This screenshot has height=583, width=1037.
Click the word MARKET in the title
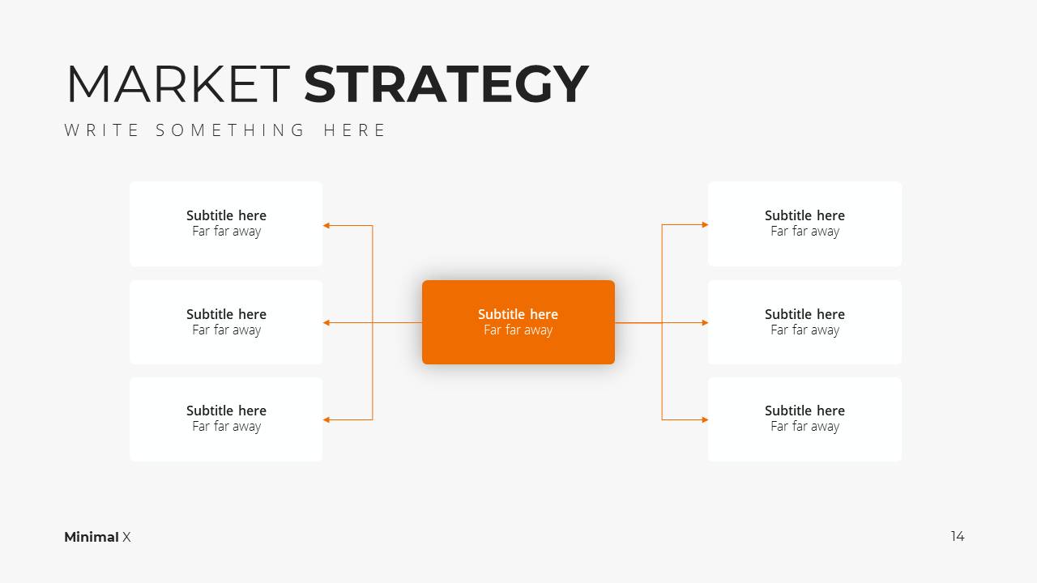(x=179, y=83)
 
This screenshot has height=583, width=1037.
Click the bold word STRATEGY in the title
(x=446, y=83)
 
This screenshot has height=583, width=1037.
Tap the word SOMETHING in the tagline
(x=230, y=130)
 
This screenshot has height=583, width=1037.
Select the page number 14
(x=958, y=536)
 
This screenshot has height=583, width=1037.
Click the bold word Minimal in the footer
(x=92, y=537)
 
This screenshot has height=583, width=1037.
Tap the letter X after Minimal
(x=126, y=537)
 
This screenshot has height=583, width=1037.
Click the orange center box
(x=518, y=322)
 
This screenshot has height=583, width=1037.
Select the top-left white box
(x=226, y=223)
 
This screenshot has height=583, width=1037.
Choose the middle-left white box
(x=226, y=322)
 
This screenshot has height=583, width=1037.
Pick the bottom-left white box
(x=226, y=419)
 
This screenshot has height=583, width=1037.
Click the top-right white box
(x=804, y=223)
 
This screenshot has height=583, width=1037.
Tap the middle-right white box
(x=804, y=322)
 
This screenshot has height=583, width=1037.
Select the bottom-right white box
(x=804, y=419)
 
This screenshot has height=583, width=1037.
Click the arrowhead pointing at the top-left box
(x=326, y=226)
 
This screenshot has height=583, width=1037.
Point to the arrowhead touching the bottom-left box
(x=326, y=419)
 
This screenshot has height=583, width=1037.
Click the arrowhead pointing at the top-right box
(x=705, y=225)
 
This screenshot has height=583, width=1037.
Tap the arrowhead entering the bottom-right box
(x=705, y=419)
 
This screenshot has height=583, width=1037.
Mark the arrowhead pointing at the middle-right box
(x=705, y=322)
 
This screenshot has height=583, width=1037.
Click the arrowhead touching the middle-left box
(x=326, y=322)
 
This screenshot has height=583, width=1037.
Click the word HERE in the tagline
(x=354, y=130)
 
